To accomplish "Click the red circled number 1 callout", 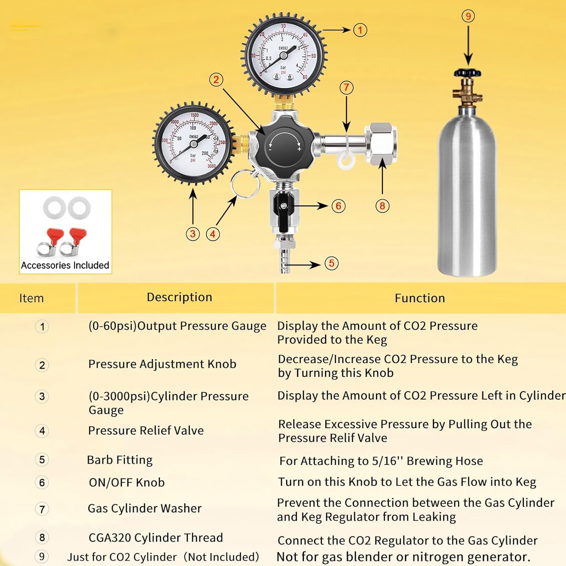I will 360,30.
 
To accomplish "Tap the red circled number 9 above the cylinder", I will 468,16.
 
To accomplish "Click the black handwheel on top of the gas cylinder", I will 468,72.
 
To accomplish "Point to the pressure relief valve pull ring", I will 245,184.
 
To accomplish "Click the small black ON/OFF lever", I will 283,206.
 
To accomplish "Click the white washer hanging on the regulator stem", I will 346,160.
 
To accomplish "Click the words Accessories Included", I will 65,265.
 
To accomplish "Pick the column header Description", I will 179,297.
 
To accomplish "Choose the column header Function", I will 420,298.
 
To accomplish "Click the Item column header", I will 31,298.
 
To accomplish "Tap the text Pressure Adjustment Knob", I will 162,364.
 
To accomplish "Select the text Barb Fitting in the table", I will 120,460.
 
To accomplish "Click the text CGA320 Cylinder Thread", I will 155,537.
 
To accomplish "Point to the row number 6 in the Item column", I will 42,483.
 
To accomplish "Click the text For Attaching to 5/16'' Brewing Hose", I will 381,461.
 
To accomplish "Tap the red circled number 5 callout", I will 331,263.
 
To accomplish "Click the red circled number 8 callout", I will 382,206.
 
